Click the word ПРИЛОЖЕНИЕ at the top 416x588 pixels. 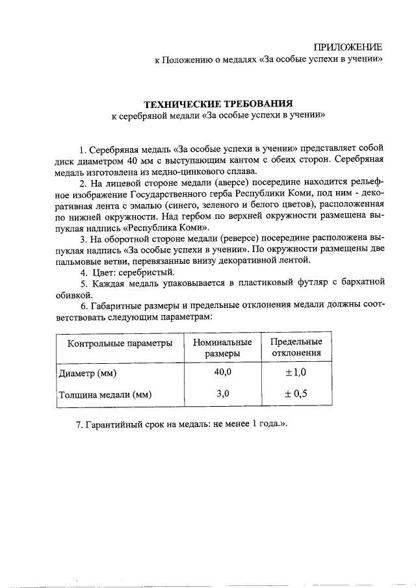(x=348, y=47)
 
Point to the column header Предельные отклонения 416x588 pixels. (x=296, y=348)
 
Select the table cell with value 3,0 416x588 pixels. (x=223, y=392)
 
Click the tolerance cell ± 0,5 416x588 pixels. (x=296, y=393)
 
